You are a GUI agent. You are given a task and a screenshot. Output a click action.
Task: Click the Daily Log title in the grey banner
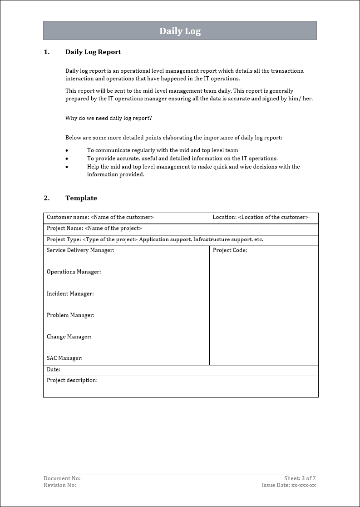point(180,31)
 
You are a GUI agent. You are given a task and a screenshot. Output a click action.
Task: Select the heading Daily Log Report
point(93,52)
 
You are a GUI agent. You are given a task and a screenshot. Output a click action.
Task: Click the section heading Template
point(81,198)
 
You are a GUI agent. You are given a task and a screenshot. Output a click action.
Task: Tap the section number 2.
point(46,198)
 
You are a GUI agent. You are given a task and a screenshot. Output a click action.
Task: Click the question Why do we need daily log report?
point(108,118)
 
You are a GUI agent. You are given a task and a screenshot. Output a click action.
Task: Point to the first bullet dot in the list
point(67,150)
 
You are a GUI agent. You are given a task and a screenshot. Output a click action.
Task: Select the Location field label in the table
point(224,217)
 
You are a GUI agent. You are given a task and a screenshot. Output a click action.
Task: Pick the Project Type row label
point(64,239)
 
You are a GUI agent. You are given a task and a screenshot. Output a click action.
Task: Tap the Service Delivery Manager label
point(80,250)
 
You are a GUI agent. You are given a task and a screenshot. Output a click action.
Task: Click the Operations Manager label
point(74,272)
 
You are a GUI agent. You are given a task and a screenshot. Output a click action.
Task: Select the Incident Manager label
point(70,293)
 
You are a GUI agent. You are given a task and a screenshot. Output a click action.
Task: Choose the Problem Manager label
point(70,315)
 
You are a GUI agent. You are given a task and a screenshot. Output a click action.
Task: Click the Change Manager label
point(69,337)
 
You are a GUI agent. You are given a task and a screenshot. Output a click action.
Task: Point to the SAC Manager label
point(64,358)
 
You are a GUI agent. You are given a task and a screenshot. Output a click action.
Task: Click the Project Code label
point(230,250)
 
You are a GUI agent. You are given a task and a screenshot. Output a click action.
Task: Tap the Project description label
point(72,380)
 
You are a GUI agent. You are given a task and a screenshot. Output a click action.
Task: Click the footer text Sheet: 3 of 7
point(300,478)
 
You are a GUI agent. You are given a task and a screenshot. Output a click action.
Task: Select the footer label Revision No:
point(60,485)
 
